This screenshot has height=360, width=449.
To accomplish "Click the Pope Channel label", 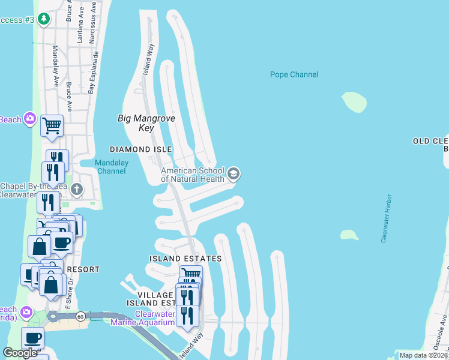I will click(x=294, y=75).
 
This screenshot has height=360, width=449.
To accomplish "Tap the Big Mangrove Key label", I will click(x=146, y=123).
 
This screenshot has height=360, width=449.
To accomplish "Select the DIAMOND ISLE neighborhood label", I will click(x=140, y=149).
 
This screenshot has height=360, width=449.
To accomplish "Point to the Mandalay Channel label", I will click(x=110, y=166).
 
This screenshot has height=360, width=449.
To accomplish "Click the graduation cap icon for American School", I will click(x=234, y=174).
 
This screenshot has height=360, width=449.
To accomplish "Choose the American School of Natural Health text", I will click(x=192, y=175).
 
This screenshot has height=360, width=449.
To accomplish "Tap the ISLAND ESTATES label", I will click(x=185, y=259).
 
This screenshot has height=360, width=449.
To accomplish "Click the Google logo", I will click(x=20, y=353).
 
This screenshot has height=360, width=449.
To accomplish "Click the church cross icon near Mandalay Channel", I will click(x=76, y=190).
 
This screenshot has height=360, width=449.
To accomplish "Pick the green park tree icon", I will click(x=43, y=19).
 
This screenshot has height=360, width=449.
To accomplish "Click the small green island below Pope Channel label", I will click(x=354, y=102).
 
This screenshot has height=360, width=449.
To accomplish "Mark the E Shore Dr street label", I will click(x=68, y=300).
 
